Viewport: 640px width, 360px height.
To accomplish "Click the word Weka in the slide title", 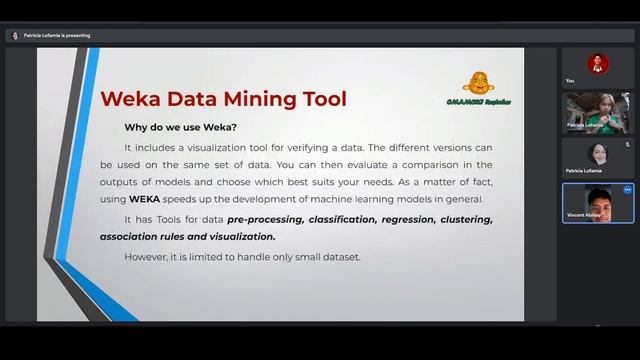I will pyautogui.click(x=132, y=99).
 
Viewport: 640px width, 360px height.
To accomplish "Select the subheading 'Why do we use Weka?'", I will pyautogui.click(x=180, y=127).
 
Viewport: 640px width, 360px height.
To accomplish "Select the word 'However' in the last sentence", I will pyautogui.click(x=146, y=257).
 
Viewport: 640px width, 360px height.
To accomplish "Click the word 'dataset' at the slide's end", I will pyautogui.click(x=340, y=257).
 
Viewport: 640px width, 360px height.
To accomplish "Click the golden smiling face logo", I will pyautogui.click(x=478, y=83).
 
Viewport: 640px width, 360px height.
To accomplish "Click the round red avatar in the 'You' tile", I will pyautogui.click(x=598, y=62).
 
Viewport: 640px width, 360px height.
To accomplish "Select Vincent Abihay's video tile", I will pyautogui.click(x=598, y=203).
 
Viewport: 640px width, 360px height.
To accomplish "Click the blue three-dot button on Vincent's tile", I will pyautogui.click(x=627, y=189).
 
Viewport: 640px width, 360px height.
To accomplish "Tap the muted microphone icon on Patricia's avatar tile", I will pyautogui.click(x=627, y=144).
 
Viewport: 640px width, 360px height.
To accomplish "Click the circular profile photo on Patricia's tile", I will pyautogui.click(x=598, y=154).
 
